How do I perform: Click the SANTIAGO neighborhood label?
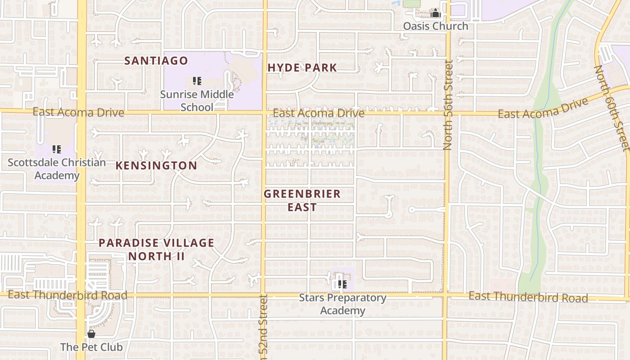coord(156,60)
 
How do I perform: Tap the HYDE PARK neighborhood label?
coord(302,68)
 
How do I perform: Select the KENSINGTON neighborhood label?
coord(156,166)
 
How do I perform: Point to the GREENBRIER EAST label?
coord(302,201)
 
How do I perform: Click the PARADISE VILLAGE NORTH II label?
coord(156,249)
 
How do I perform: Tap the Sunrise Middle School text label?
coord(197,100)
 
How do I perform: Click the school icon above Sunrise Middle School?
coord(197,81)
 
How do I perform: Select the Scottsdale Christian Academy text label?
coord(57,169)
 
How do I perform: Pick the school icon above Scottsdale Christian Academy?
coord(57,149)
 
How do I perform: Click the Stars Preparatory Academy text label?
coord(342,304)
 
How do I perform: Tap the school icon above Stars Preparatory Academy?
coord(342,284)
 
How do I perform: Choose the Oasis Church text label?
coord(435,26)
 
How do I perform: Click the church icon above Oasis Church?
coord(435,13)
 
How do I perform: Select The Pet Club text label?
coord(91,347)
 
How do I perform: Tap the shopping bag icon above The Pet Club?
coord(91,334)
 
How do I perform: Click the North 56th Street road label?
coord(448,105)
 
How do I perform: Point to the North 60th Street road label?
coord(611,108)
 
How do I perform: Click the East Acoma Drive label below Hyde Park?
coord(318,113)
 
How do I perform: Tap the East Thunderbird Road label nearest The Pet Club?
coord(67,295)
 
